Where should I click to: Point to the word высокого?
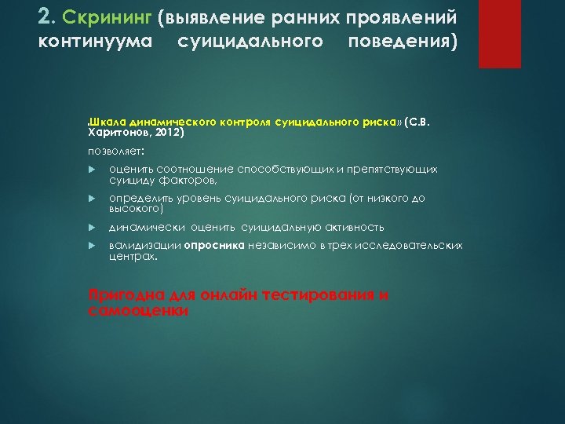point(134,209)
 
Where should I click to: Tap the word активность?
point(352,228)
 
